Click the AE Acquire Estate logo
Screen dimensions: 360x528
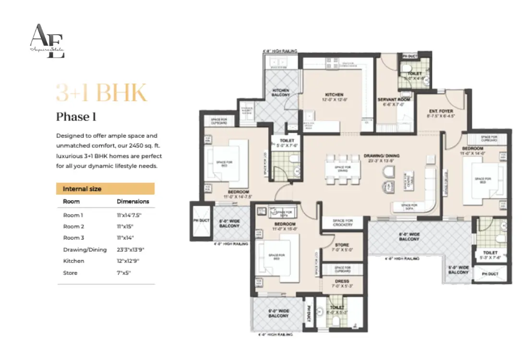tap(47, 41)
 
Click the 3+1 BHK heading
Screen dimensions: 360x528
tap(101, 93)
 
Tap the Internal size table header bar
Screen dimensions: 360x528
tap(105, 189)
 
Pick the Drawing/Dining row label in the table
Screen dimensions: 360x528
tap(85, 250)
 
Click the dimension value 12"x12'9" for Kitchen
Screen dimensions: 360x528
tap(128, 261)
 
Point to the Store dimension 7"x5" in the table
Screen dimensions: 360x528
tap(123, 273)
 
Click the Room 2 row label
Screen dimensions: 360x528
tap(73, 226)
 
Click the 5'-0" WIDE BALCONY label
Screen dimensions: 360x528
tap(458, 270)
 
